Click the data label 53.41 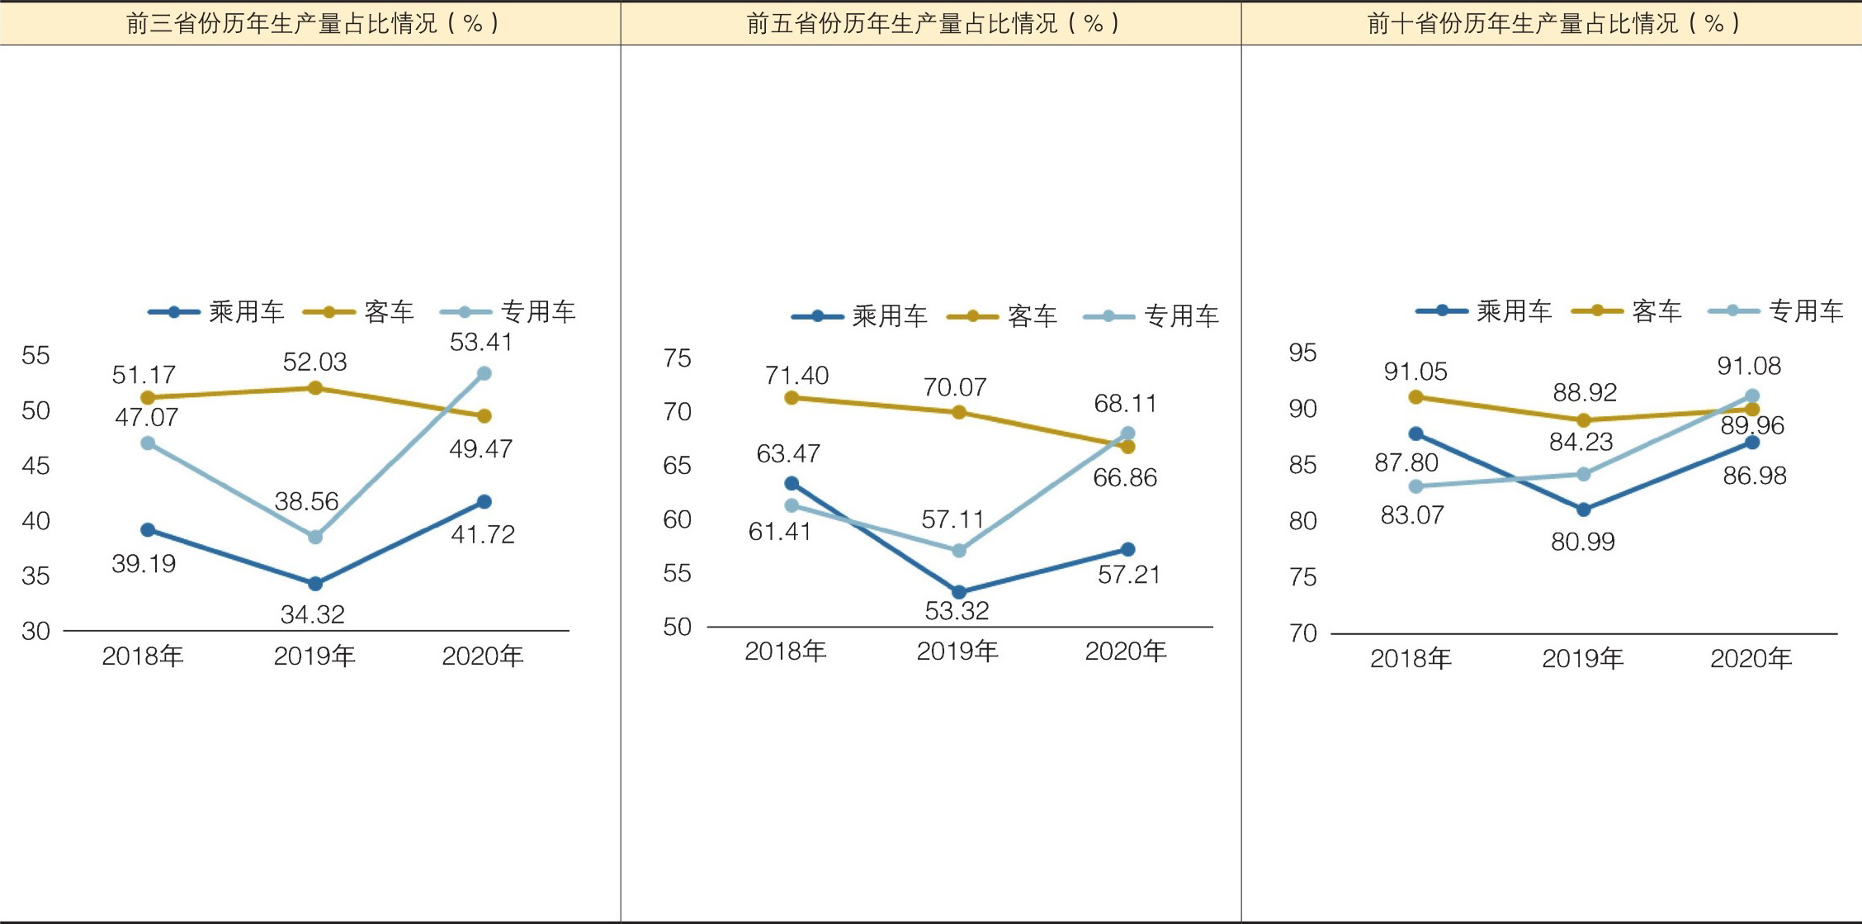pyautogui.click(x=481, y=342)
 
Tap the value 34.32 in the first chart pyautogui.click(x=312, y=614)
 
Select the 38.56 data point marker pyautogui.click(x=315, y=537)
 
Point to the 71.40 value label pyautogui.click(x=796, y=376)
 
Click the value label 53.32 pyautogui.click(x=957, y=611)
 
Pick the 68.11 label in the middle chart pyautogui.click(x=1125, y=404)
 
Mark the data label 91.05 pyautogui.click(x=1415, y=372)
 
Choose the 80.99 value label pyautogui.click(x=1582, y=542)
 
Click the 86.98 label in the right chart pyautogui.click(x=1754, y=476)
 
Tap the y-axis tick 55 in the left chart pyautogui.click(x=35, y=356)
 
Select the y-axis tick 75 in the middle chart pyautogui.click(x=677, y=358)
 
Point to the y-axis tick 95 pyautogui.click(x=1302, y=353)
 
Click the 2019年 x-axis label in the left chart pyautogui.click(x=314, y=656)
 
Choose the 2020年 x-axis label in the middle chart pyautogui.click(x=1125, y=652)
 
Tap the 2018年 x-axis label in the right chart pyautogui.click(x=1411, y=659)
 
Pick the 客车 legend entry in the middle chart pyautogui.click(x=1032, y=315)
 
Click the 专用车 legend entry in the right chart pyautogui.click(x=1805, y=311)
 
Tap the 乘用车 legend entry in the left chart pyautogui.click(x=246, y=312)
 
